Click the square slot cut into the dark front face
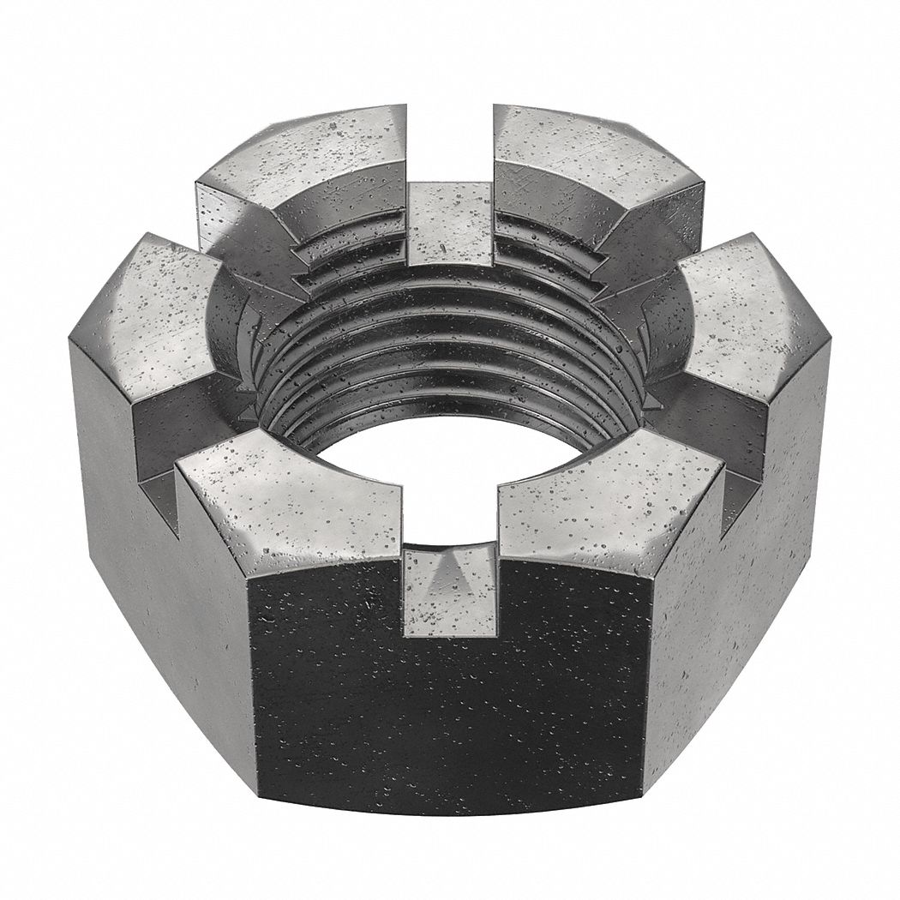(450, 600)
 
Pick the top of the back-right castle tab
(591, 154)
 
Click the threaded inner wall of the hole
(446, 343)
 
